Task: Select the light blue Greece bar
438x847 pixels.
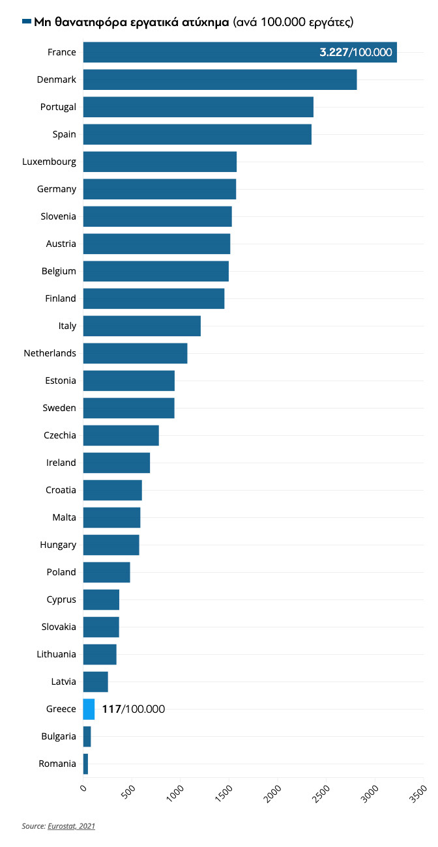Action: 89,709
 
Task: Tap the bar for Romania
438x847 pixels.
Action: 85,764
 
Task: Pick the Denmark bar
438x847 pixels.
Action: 220,79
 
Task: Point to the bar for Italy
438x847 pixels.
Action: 141,326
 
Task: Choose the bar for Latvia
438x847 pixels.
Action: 95,682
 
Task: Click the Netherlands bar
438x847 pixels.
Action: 135,353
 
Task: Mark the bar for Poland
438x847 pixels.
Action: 106,572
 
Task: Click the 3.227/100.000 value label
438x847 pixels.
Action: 356,52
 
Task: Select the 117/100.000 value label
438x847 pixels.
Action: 133,709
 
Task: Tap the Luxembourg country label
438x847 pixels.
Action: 50,162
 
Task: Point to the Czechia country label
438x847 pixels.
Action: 60,435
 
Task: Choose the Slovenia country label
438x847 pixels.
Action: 59,216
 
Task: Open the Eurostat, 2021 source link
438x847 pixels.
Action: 72,826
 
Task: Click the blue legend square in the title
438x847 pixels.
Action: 27,22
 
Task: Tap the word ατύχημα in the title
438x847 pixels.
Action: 202,22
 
